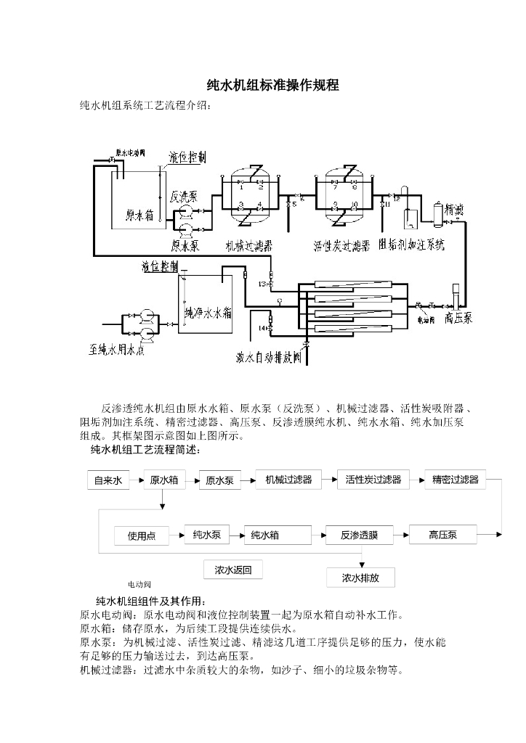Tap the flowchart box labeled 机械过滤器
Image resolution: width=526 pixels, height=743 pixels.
click(x=288, y=480)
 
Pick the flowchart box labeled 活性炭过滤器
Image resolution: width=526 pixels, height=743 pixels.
click(x=373, y=480)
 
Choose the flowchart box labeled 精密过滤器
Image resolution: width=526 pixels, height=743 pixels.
click(x=455, y=480)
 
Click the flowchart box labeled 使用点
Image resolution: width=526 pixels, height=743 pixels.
click(x=141, y=536)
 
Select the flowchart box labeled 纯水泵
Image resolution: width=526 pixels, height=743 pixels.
click(x=206, y=535)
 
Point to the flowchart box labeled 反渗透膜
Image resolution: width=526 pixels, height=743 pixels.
click(x=360, y=535)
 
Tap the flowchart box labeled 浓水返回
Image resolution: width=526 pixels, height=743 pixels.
click(x=232, y=570)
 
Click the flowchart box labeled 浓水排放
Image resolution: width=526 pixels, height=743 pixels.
click(x=360, y=578)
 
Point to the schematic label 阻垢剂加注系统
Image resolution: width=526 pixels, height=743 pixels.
click(x=412, y=245)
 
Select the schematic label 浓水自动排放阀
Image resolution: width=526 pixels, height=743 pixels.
click(x=269, y=357)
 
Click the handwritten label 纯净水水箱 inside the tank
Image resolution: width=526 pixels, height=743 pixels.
click(x=207, y=313)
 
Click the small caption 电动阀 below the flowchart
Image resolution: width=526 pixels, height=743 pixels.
click(x=139, y=584)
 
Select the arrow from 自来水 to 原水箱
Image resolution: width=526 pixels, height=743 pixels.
click(x=137, y=480)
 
